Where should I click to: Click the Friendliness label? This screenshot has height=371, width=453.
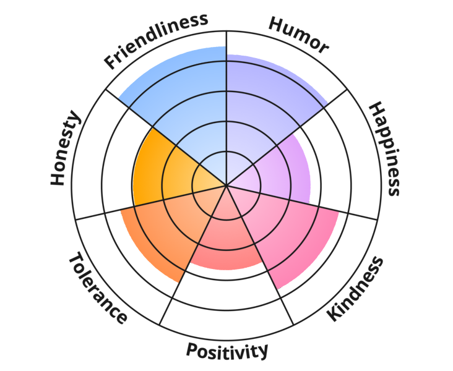[155, 41]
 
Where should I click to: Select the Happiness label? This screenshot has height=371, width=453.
[384, 149]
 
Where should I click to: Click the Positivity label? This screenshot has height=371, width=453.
[227, 351]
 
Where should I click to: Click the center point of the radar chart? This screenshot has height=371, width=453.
[226, 185]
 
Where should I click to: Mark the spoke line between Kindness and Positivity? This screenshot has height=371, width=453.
[257, 247]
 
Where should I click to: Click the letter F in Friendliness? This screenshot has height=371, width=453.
[110, 62]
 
